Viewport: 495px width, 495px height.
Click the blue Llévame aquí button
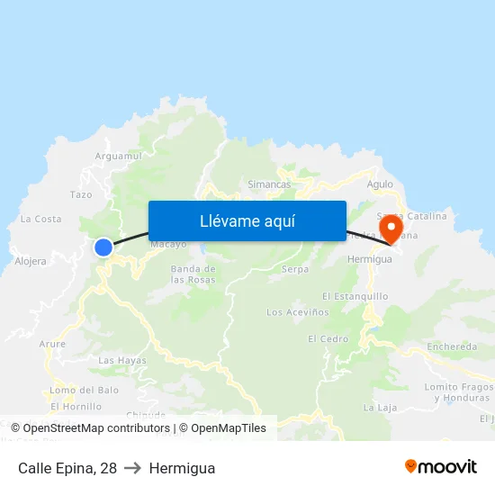click(247, 220)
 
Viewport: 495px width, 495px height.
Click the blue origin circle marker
click(103, 247)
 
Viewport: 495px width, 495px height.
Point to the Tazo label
click(81, 194)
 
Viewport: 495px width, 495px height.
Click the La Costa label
click(40, 219)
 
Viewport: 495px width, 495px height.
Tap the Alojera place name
click(31, 261)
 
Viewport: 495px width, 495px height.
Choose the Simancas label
click(269, 184)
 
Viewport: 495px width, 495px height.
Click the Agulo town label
click(381, 184)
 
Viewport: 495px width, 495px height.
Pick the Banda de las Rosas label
click(193, 274)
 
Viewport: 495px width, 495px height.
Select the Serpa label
click(295, 269)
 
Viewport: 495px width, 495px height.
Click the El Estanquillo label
click(355, 296)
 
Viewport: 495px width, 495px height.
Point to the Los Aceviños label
click(293, 312)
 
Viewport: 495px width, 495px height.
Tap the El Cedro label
click(328, 339)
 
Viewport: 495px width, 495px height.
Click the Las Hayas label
click(121, 361)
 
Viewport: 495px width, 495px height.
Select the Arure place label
click(52, 344)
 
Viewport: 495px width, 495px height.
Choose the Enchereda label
click(452, 346)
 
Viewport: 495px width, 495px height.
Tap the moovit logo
click(441, 467)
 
